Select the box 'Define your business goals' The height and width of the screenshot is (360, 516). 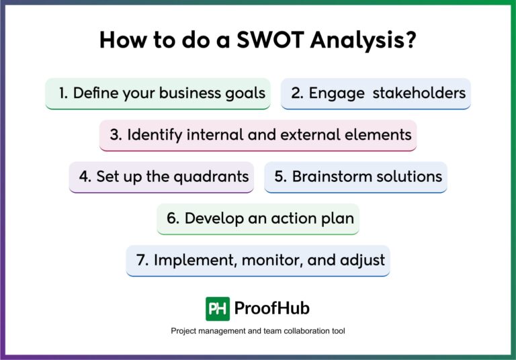[x=158, y=93]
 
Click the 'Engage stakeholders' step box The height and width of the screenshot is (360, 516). [x=376, y=93]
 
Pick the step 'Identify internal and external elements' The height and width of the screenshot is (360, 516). [x=258, y=135]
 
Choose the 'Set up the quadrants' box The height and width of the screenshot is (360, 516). [x=161, y=177]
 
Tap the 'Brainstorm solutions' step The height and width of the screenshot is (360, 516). [x=355, y=177]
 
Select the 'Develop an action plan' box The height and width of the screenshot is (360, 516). [x=258, y=218]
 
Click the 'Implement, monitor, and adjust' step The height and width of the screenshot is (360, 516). [x=258, y=260]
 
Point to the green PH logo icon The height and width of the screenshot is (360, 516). [x=218, y=308]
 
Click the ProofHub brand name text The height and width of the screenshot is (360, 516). [x=271, y=308]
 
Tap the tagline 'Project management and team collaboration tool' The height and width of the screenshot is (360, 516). [x=258, y=331]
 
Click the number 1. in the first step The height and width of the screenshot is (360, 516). [x=63, y=93]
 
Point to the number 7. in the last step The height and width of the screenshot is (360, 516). [x=142, y=260]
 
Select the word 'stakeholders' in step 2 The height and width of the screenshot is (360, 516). [x=419, y=93]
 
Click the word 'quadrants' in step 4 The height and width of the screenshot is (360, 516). [x=214, y=177]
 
